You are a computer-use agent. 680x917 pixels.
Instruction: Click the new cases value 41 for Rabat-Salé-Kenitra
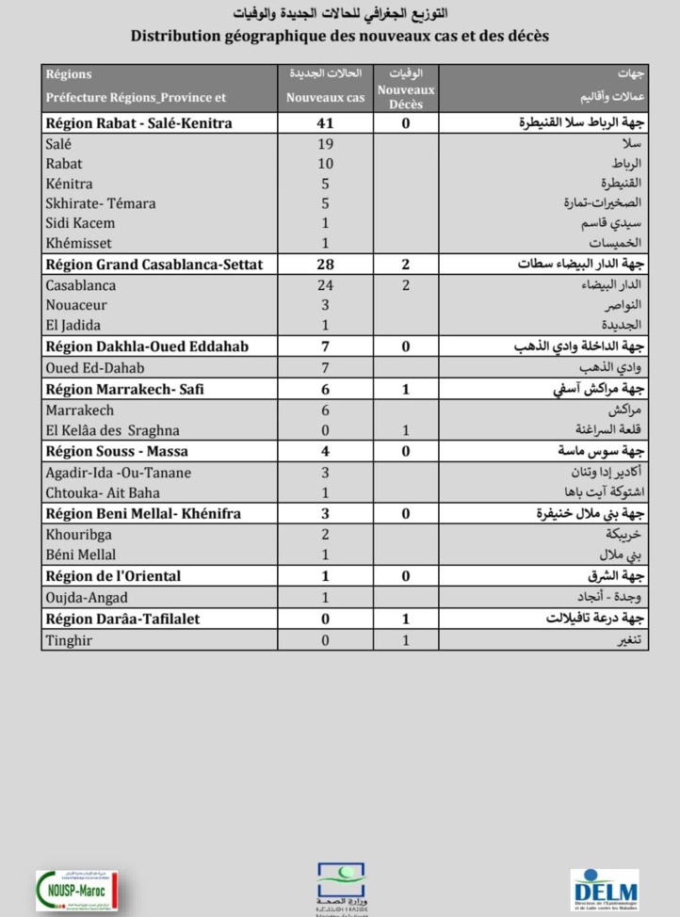coord(325,123)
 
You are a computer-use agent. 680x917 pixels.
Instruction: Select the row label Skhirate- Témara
coord(101,203)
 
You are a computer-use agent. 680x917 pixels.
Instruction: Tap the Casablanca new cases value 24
coord(325,285)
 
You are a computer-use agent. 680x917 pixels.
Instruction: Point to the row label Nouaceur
coord(76,305)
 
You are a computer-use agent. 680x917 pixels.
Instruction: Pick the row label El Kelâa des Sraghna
coord(112,430)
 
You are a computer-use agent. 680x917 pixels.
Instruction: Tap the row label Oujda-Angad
coord(86,597)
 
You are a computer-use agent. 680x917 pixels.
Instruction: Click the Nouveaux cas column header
coord(325,97)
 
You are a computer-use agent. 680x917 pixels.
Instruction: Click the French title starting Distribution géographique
coord(340,36)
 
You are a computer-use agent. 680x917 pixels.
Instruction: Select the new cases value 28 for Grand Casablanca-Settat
coord(325,265)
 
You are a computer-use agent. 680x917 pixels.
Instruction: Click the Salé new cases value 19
coord(325,143)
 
